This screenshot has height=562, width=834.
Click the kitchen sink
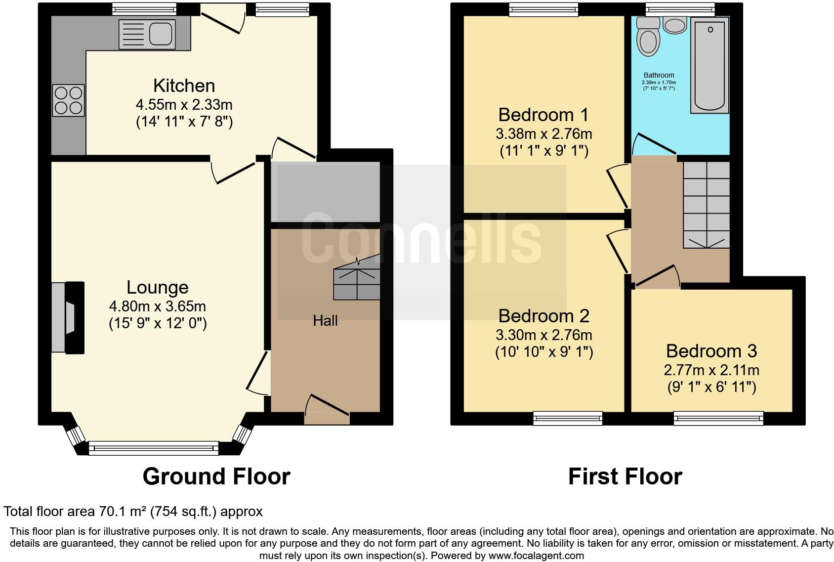pyautogui.click(x=147, y=34)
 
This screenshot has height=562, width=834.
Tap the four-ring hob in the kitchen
pyautogui.click(x=68, y=100)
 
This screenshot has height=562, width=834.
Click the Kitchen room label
pyautogui.click(x=184, y=86)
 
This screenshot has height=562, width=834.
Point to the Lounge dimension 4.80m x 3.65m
pyautogui.click(x=157, y=306)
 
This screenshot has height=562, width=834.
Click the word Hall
pyautogui.click(x=325, y=321)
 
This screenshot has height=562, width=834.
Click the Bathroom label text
pyautogui.click(x=659, y=75)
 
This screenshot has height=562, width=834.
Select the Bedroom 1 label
pyautogui.click(x=543, y=115)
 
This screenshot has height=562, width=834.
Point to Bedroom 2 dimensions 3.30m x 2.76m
pyautogui.click(x=543, y=335)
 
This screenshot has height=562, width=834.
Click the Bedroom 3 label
pyautogui.click(x=711, y=351)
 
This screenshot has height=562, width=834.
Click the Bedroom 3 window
pyautogui.click(x=718, y=419)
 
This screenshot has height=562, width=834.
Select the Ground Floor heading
pyautogui.click(x=216, y=476)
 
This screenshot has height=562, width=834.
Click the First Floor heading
pyautogui.click(x=625, y=476)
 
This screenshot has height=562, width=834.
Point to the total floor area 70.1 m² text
pyautogui.click(x=133, y=511)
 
